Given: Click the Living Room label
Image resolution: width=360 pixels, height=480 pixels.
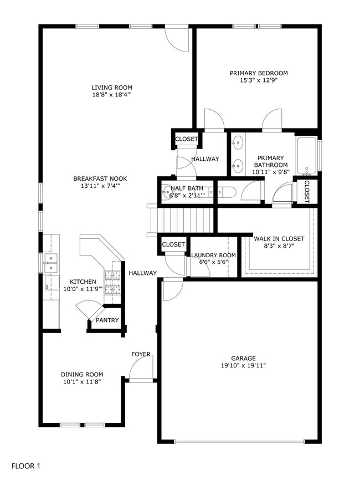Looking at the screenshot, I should [112, 88].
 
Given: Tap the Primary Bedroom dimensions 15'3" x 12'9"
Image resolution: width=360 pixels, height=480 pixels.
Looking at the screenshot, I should [258, 80].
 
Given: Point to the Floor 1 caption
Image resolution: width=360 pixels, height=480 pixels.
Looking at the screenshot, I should [26, 467].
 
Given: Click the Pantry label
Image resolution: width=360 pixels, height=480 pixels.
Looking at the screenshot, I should [107, 320].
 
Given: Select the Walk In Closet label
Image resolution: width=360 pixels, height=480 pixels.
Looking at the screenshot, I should [279, 238].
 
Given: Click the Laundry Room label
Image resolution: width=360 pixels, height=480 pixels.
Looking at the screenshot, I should [213, 256].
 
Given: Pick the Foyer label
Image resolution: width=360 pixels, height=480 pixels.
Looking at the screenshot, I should [141, 354].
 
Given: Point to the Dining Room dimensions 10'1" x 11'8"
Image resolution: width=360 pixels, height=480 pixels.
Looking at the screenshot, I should [81, 382].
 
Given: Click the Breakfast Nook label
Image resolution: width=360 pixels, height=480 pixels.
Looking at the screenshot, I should [100, 178].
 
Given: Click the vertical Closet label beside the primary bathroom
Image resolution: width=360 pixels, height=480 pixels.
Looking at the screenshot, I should [306, 192].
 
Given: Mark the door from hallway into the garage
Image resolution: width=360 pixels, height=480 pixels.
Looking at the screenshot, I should [172, 289].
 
